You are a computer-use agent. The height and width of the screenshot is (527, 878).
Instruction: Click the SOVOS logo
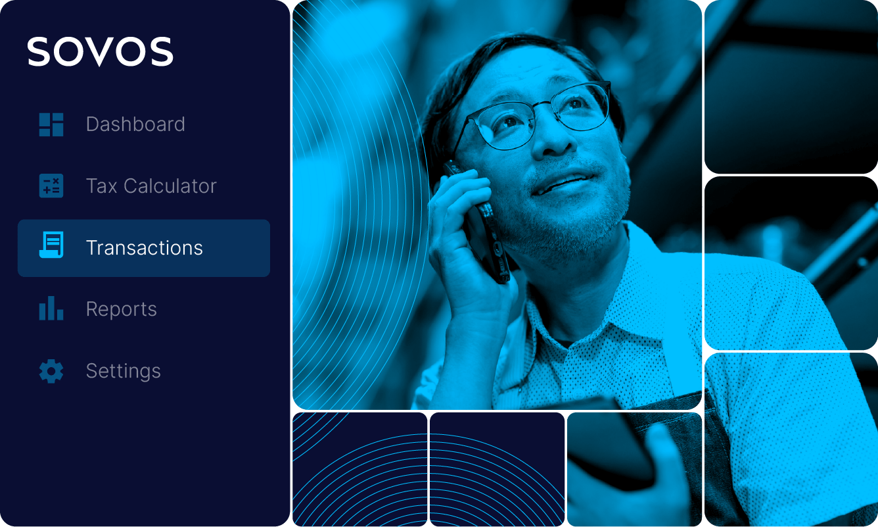point(100,51)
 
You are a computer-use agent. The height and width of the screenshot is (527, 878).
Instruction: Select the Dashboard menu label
point(135,124)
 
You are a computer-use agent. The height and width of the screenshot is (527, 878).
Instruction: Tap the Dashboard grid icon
point(51,124)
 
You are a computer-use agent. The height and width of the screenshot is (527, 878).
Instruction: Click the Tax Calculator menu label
point(151,186)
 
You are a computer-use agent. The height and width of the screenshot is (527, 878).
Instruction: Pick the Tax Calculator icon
point(51,186)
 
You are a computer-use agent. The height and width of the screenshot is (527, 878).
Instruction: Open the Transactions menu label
point(144,247)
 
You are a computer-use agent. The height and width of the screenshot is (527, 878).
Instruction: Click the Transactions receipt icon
point(51,245)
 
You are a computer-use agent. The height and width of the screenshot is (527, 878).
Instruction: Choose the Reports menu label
point(122,309)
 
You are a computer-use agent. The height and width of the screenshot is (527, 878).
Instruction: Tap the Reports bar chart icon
point(51,308)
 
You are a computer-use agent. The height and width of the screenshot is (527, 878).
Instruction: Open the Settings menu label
point(124,371)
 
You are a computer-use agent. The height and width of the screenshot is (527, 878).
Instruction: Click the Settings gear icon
point(51,371)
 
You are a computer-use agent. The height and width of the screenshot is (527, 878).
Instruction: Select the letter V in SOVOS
point(99,52)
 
